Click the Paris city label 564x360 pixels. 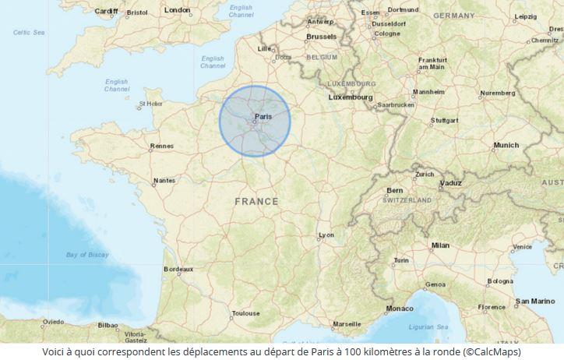click(x=263, y=116)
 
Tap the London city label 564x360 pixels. click(x=178, y=10)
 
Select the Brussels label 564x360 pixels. click(x=322, y=36)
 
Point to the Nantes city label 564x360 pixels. click(x=164, y=180)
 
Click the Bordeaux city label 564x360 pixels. click(x=178, y=269)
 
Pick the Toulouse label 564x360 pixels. click(x=245, y=313)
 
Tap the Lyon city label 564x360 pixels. click(x=326, y=235)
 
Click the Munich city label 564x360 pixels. click(x=506, y=145)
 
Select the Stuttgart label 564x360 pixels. click(x=445, y=121)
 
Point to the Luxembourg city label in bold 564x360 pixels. click(x=351, y=97)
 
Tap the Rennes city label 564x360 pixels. click(x=162, y=146)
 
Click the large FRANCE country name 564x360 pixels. click(x=256, y=202)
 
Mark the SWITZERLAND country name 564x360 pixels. click(x=406, y=199)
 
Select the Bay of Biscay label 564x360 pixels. click(x=86, y=255)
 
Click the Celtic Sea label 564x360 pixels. click(x=30, y=32)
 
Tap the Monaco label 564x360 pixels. click(x=400, y=308)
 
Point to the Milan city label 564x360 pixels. click(x=440, y=245)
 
